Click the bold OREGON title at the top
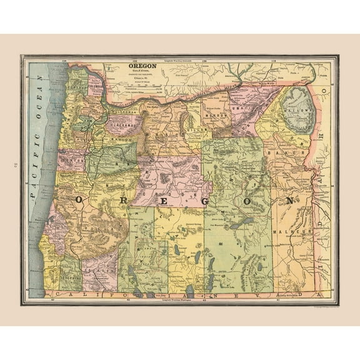139,65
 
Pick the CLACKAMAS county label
121,125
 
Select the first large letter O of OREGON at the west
80,199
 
